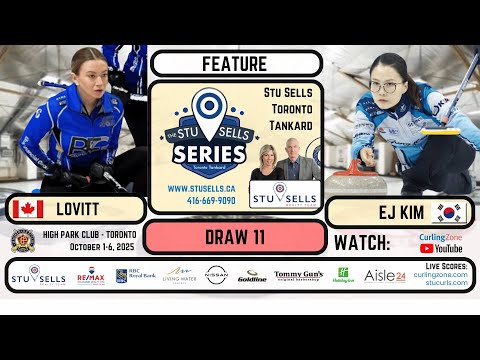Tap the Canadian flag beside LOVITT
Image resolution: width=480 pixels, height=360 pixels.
[26, 210]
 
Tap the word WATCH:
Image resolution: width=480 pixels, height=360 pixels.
[369, 243]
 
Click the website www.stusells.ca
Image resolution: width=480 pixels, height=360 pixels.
[201, 187]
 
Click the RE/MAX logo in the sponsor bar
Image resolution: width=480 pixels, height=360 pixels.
[91, 275]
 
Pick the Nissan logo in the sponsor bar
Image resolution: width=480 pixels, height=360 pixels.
[216, 274]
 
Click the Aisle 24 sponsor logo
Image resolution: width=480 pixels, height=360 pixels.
[384, 275]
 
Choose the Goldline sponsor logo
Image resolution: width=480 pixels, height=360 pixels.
[252, 276]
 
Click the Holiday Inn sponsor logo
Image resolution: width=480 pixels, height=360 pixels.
[342, 274]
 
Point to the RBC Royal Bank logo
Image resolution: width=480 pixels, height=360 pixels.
[134, 274]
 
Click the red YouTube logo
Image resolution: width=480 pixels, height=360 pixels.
[427, 248]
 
